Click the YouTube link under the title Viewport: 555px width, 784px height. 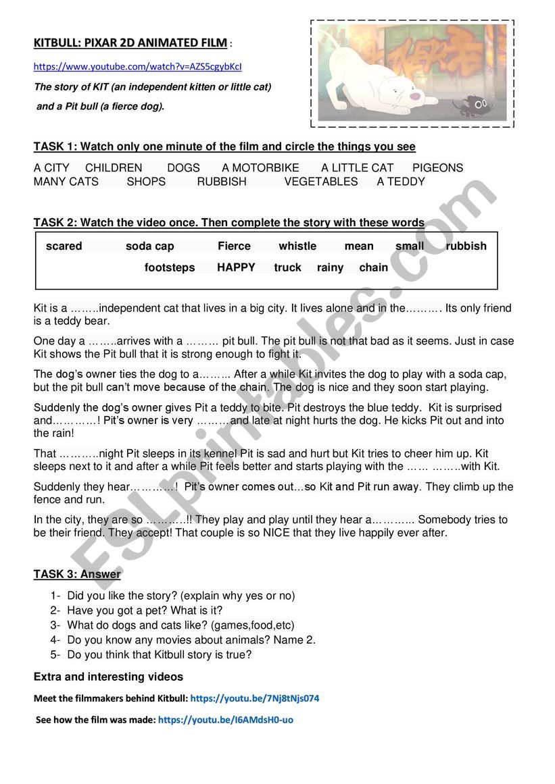coord(137,67)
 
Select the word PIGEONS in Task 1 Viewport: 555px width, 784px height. coord(437,168)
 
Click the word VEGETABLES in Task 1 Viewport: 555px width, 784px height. coord(321,182)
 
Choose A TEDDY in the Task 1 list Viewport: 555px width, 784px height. coord(401,182)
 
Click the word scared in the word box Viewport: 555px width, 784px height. coord(64,246)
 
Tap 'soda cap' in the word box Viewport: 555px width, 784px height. coord(149,246)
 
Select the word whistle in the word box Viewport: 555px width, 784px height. coord(297,246)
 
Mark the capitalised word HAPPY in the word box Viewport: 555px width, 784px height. coord(236,268)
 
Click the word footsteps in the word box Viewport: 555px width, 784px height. coord(169,268)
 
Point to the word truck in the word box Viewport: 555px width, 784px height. coord(287,268)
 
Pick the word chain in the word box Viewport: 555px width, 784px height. coord(373,268)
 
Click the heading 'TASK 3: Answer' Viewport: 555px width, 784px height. coord(77,575)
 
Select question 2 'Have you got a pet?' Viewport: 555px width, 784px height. coord(145,610)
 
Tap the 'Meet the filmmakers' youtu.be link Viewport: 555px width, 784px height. coord(254,699)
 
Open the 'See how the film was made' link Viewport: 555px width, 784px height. coord(225,720)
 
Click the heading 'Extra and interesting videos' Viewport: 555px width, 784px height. coord(108,677)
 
